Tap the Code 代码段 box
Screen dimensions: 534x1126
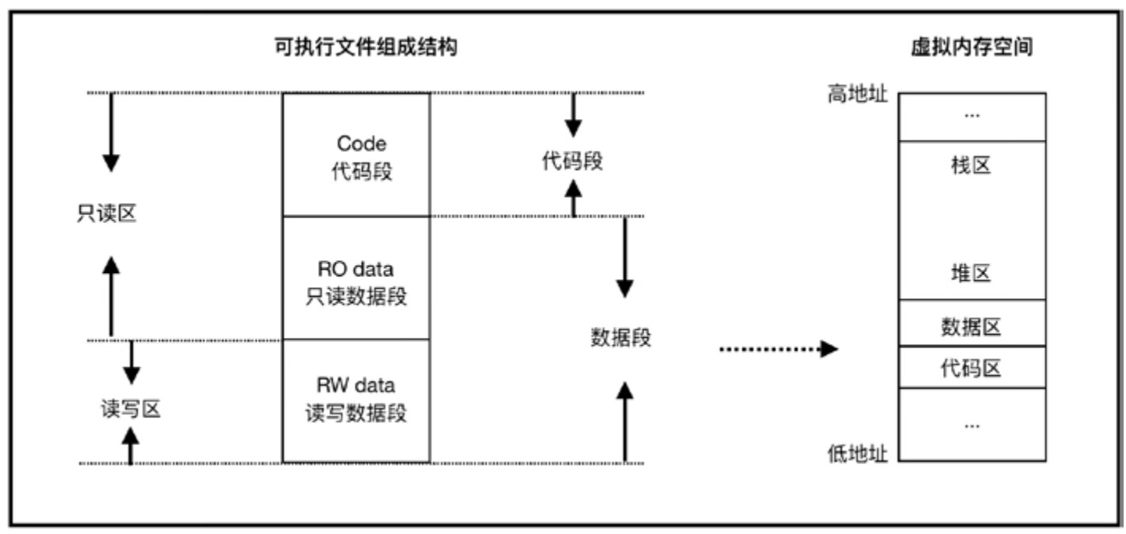[x=356, y=156]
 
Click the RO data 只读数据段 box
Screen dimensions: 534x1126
[x=356, y=278]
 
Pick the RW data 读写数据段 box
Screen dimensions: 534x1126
[x=356, y=401]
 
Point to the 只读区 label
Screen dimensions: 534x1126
[x=106, y=214]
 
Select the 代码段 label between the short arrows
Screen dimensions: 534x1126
[x=573, y=161]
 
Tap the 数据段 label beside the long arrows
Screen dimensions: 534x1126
[x=621, y=337]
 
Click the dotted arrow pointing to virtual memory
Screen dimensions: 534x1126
[x=777, y=348]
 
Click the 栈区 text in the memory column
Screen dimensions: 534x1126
[x=971, y=166]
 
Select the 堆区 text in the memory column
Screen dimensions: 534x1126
[x=971, y=274]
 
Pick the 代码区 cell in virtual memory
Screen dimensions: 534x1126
[x=971, y=368]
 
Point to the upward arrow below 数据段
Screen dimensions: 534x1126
[x=625, y=421]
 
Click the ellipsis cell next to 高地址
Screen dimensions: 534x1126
[x=971, y=117]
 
